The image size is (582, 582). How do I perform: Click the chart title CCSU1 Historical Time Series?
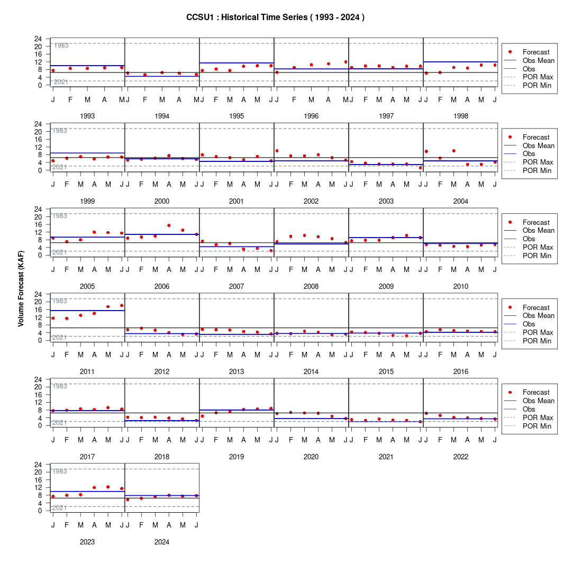[x=275, y=17]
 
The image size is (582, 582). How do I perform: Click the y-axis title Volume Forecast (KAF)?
[x=21, y=289]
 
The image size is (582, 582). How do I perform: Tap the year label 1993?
[x=87, y=116]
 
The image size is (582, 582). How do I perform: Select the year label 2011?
[x=87, y=371]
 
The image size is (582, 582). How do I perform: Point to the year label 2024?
[x=162, y=542]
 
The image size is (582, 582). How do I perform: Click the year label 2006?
[x=162, y=287]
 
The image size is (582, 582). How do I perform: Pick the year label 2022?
[x=461, y=457]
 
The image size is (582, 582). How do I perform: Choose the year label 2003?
[x=386, y=201]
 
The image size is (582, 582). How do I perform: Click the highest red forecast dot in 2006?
[x=169, y=225]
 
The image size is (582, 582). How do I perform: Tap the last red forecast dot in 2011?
[x=122, y=305]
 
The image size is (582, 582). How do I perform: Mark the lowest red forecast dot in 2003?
[x=420, y=168]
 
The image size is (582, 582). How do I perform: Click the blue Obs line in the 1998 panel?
[x=460, y=62]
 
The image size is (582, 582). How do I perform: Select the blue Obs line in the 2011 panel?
[x=87, y=311]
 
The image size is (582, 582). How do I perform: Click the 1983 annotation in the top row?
[x=61, y=46]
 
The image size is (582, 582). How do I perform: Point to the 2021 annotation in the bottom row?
[x=59, y=508]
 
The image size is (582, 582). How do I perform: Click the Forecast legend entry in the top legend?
[x=529, y=52]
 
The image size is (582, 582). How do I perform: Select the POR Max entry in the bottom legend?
[x=529, y=417]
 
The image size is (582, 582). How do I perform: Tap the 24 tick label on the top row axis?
[x=38, y=39]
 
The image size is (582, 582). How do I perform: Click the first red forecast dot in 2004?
[x=426, y=151]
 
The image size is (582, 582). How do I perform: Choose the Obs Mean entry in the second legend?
[x=529, y=145]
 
